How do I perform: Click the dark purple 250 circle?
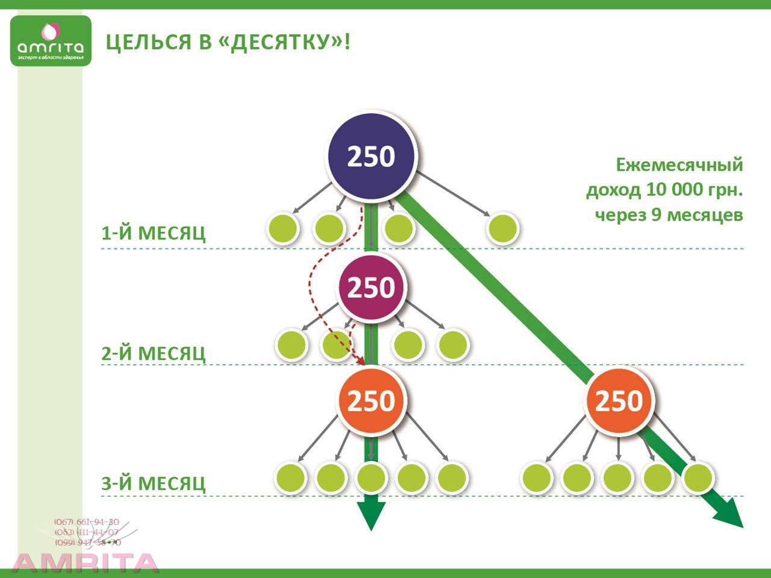[371, 156]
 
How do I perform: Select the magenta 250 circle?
[371, 287]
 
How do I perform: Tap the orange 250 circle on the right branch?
[619, 401]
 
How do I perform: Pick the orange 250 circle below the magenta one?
[371, 401]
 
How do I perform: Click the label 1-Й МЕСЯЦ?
[153, 233]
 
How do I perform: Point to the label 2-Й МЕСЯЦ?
[153, 353]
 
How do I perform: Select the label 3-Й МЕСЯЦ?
[153, 483]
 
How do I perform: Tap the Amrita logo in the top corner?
[51, 41]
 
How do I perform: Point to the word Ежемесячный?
[679, 165]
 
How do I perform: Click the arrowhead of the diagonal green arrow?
[730, 515]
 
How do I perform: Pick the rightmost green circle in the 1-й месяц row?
[503, 228]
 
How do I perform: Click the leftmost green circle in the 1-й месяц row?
[282, 228]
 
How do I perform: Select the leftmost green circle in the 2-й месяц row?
[292, 345]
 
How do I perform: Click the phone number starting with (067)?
[87, 522]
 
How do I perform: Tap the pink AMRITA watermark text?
[86, 562]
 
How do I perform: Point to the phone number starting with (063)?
[87, 532]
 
